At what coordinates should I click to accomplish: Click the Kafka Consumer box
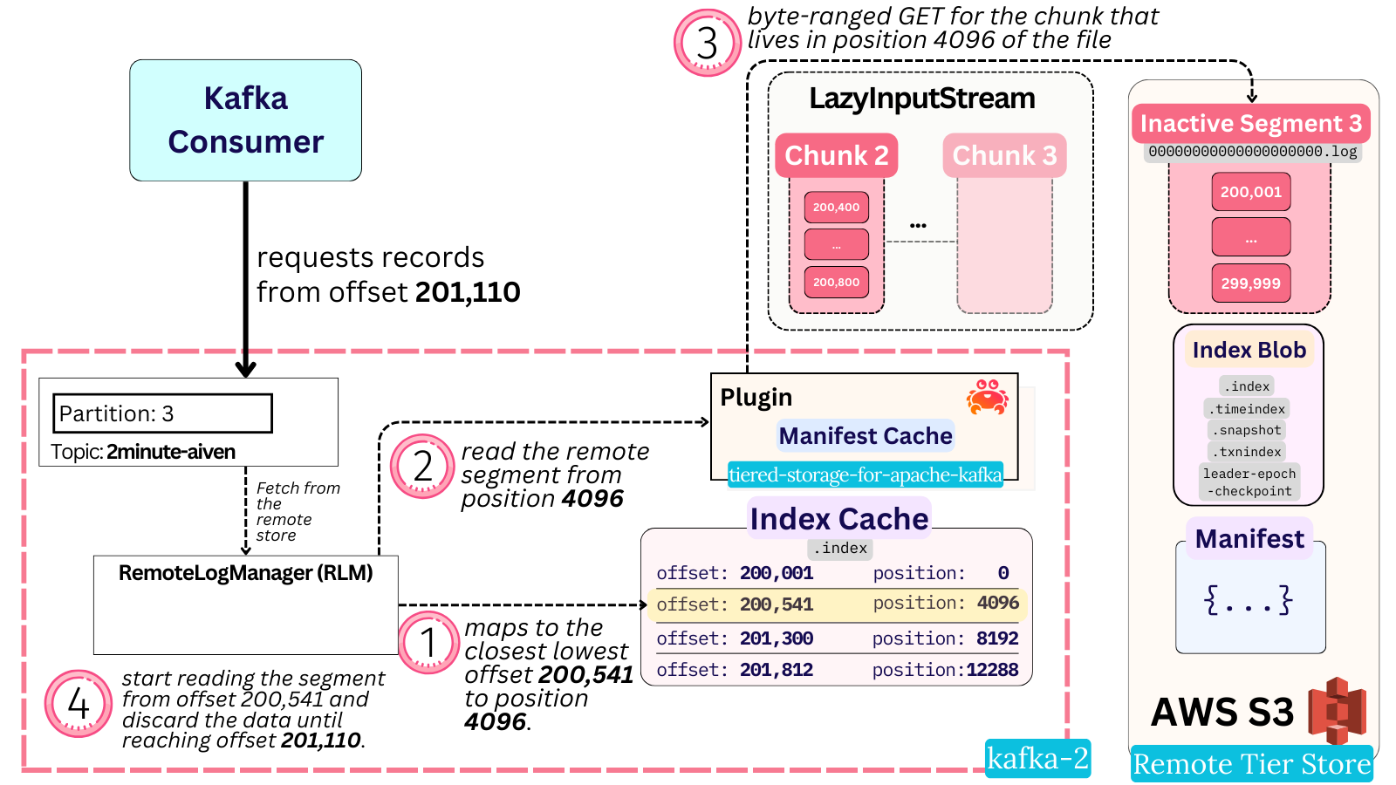click(x=245, y=120)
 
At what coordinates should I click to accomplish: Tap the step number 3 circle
click(x=707, y=43)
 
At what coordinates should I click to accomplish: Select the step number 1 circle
click(x=428, y=643)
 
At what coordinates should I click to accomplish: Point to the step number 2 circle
click(x=422, y=466)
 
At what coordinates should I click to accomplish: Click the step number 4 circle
click(x=79, y=703)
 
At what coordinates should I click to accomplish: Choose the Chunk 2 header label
click(x=836, y=155)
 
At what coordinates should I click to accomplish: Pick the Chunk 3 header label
click(x=1004, y=155)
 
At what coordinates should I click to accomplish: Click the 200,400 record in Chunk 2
click(x=836, y=208)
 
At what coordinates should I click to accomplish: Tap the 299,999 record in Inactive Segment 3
click(x=1250, y=283)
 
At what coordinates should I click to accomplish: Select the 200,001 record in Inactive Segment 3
click(x=1250, y=192)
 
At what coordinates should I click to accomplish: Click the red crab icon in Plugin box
click(x=987, y=397)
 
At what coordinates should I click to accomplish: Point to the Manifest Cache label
click(x=865, y=435)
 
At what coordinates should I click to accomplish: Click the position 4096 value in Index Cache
click(x=998, y=603)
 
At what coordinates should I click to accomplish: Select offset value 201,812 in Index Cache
click(x=777, y=670)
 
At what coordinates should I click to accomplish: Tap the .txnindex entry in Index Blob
click(x=1249, y=452)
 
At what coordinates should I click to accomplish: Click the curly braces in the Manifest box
click(x=1249, y=600)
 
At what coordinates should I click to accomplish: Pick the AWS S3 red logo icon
click(x=1337, y=710)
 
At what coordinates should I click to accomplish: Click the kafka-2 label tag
click(x=1037, y=758)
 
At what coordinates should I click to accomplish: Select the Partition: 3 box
click(x=163, y=413)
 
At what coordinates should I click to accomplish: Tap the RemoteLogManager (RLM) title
click(x=245, y=573)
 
